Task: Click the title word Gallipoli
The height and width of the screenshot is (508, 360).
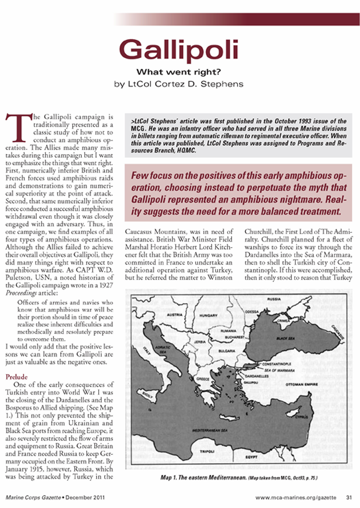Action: click(x=179, y=50)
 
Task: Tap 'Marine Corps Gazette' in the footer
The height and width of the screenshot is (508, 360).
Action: click(x=34, y=497)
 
